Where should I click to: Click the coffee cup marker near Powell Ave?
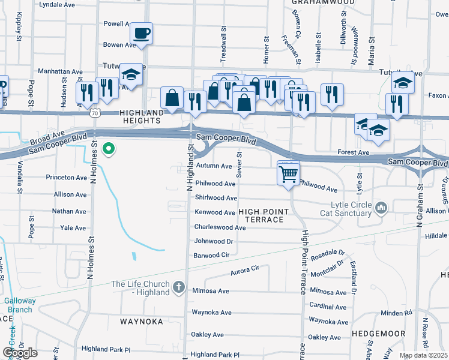point(141,33)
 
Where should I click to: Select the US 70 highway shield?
point(94,112)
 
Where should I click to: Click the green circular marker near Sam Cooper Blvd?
point(109,148)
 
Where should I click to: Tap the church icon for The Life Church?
point(178,287)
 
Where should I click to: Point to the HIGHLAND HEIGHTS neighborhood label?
point(142,116)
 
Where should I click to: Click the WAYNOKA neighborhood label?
point(142,322)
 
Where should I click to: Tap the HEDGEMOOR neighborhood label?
point(378,333)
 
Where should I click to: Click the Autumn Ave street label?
point(213,166)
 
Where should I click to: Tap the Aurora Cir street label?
point(244,271)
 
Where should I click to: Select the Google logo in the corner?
point(19,353)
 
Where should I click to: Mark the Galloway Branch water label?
point(17,305)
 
